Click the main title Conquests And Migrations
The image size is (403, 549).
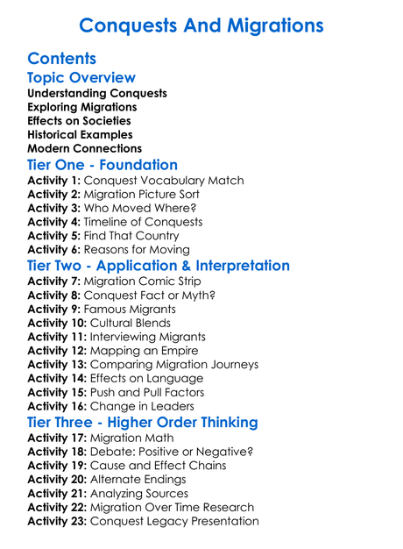coord(201,25)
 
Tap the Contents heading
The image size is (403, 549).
coord(61,60)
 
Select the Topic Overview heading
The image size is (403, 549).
coord(81,79)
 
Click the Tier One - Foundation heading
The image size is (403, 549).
coord(103,165)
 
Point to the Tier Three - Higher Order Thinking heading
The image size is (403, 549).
coord(143,422)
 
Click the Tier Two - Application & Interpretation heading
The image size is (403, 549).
coord(159,265)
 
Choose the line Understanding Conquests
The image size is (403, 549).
coord(97,93)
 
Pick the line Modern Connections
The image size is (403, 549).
coord(85,148)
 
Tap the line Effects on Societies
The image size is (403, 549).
coord(80,120)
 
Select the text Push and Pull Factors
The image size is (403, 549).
coord(152,393)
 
